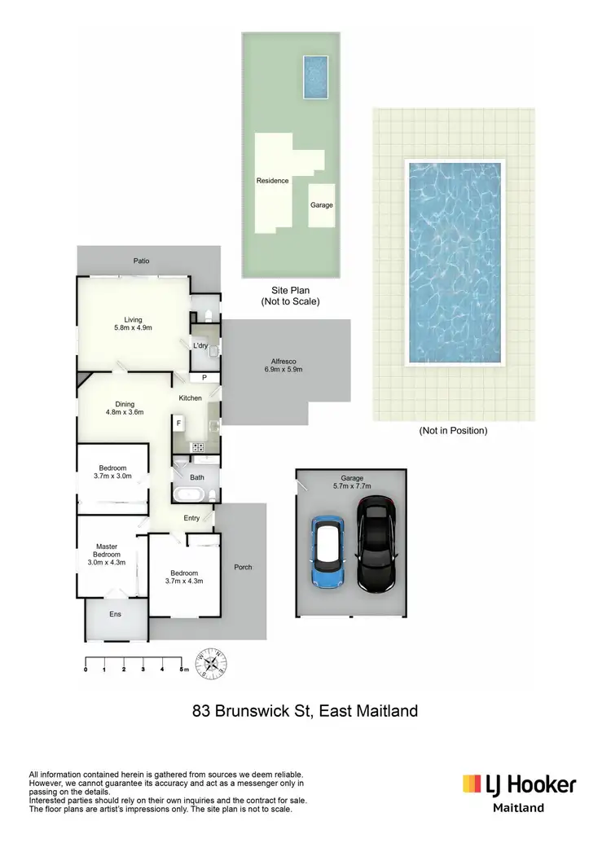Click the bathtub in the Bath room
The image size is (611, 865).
click(x=190, y=494)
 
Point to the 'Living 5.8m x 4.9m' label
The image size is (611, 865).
click(x=133, y=323)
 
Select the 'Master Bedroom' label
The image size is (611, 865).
click(x=107, y=554)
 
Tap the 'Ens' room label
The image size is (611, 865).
click(x=116, y=614)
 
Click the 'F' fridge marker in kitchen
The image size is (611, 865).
click(x=178, y=424)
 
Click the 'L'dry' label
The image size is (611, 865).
click(x=200, y=346)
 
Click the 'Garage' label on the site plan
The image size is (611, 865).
click(x=321, y=205)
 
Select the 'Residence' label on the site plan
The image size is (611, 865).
click(x=272, y=181)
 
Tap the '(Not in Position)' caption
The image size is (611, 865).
click(x=453, y=431)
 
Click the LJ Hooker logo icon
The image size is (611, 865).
click(x=472, y=784)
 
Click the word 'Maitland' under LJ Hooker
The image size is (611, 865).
click(x=519, y=808)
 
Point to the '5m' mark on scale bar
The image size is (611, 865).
click(x=184, y=669)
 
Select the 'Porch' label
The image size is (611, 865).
click(x=243, y=567)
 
